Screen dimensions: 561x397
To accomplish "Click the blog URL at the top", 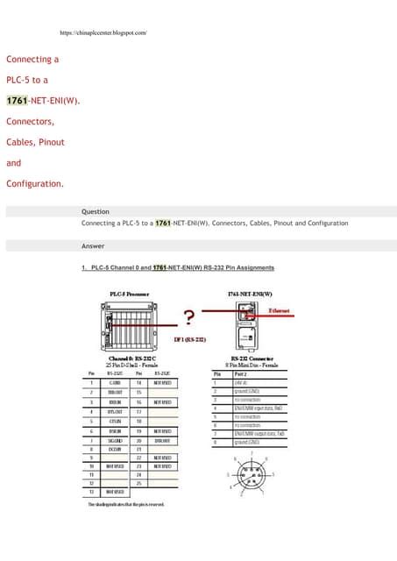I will click(x=103, y=32).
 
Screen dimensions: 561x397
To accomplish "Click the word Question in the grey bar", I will click(x=96, y=211).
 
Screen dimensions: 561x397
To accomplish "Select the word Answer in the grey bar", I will click(x=93, y=246).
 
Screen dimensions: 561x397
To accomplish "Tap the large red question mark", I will click(x=188, y=317).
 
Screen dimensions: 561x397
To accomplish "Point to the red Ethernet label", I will click(x=280, y=310).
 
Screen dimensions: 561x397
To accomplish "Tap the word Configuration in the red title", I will click(x=33, y=184).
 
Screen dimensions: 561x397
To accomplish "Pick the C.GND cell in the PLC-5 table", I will click(x=115, y=382).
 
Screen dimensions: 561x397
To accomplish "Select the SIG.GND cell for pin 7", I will click(x=115, y=440).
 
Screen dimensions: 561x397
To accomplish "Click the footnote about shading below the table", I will click(x=125, y=505).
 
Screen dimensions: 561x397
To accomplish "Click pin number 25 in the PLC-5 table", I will click(x=138, y=483).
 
